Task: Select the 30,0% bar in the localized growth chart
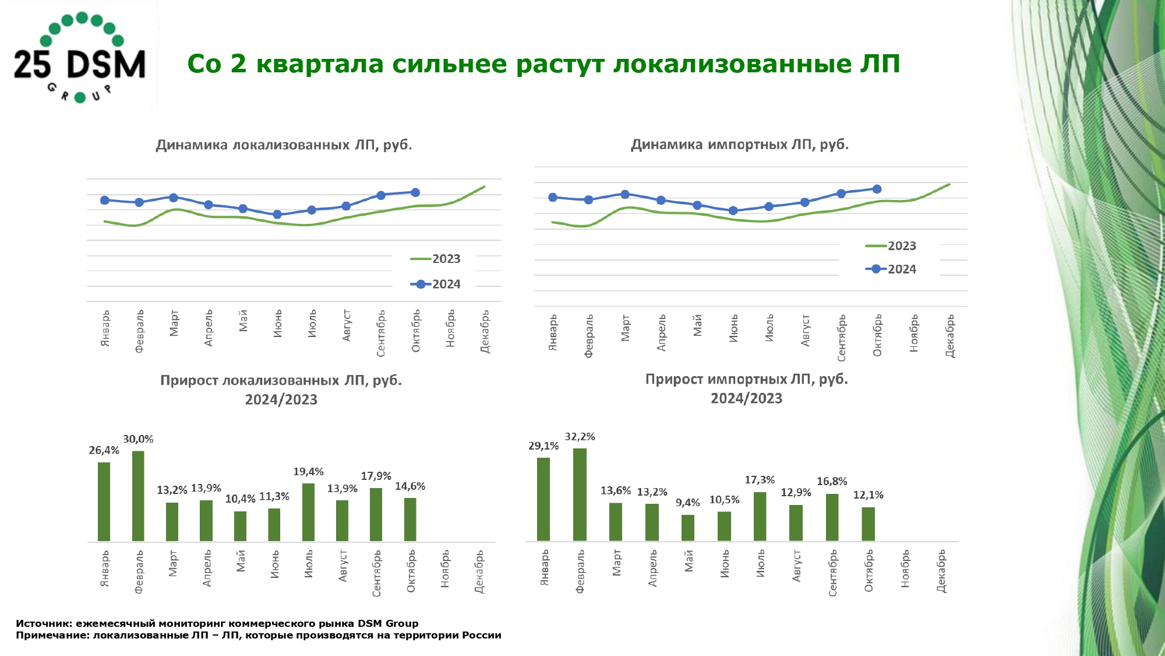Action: (x=138, y=496)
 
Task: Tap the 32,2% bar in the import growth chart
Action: (x=580, y=494)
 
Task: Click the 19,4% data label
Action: (x=308, y=472)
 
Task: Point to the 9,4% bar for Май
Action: (x=688, y=528)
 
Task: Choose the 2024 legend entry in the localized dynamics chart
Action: (x=436, y=285)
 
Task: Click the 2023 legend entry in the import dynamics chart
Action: (x=891, y=246)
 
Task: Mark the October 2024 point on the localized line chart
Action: (x=415, y=192)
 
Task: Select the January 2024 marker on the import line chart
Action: (x=553, y=197)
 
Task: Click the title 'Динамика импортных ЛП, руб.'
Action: (x=740, y=145)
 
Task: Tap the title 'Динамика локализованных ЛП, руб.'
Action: (x=284, y=145)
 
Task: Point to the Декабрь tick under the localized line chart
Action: (x=485, y=332)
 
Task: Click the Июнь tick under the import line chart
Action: (x=733, y=328)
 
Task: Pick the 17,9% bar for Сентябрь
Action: (x=376, y=514)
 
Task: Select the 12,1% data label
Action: (x=868, y=495)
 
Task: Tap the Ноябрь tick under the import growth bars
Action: (x=905, y=569)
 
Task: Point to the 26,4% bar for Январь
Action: (x=104, y=501)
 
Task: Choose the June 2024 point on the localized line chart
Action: (x=277, y=215)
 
